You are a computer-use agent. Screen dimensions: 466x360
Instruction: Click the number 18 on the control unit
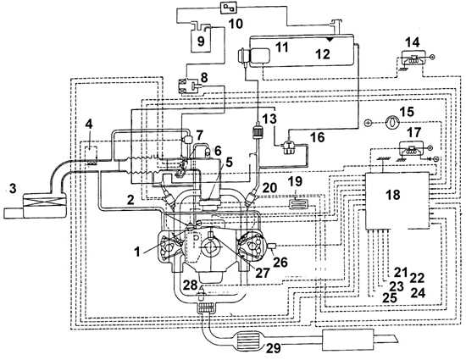393,195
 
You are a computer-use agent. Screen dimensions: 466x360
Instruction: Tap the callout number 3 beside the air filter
13,188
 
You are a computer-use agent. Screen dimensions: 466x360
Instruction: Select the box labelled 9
201,40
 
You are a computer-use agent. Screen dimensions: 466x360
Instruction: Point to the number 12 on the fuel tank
323,54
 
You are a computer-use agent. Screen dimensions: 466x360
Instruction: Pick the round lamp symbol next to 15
392,122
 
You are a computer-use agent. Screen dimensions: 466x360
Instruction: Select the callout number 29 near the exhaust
273,347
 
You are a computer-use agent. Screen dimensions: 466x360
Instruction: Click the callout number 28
190,285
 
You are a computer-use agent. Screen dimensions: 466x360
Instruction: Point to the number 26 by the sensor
280,262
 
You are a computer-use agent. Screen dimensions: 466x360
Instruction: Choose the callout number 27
262,273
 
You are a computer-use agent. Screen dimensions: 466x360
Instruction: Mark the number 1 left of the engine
136,252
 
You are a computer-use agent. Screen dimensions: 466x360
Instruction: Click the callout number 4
89,124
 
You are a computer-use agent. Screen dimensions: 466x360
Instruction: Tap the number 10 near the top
236,24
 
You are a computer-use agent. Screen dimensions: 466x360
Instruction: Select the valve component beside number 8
189,86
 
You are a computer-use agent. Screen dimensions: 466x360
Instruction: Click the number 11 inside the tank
281,47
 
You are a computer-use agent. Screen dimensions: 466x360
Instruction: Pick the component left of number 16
290,147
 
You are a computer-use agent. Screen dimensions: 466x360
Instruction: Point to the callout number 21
401,272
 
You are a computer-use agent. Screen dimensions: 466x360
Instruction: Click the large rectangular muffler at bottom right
347,340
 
